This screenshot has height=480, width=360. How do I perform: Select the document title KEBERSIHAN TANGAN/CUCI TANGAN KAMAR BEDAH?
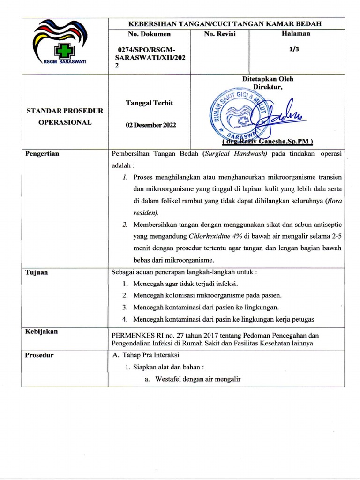[226, 24]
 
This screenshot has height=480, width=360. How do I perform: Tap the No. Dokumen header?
[149, 34]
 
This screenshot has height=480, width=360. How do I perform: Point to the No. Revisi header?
[220, 34]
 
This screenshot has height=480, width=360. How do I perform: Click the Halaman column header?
[295, 34]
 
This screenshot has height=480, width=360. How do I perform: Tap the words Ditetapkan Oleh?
[267, 79]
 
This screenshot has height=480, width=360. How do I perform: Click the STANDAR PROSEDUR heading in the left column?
[65, 111]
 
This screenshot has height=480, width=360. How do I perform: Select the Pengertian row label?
[43, 154]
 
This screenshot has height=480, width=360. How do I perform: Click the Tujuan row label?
[37, 273]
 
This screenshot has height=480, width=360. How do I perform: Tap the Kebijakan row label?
[42, 331]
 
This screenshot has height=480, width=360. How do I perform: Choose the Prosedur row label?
[40, 355]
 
